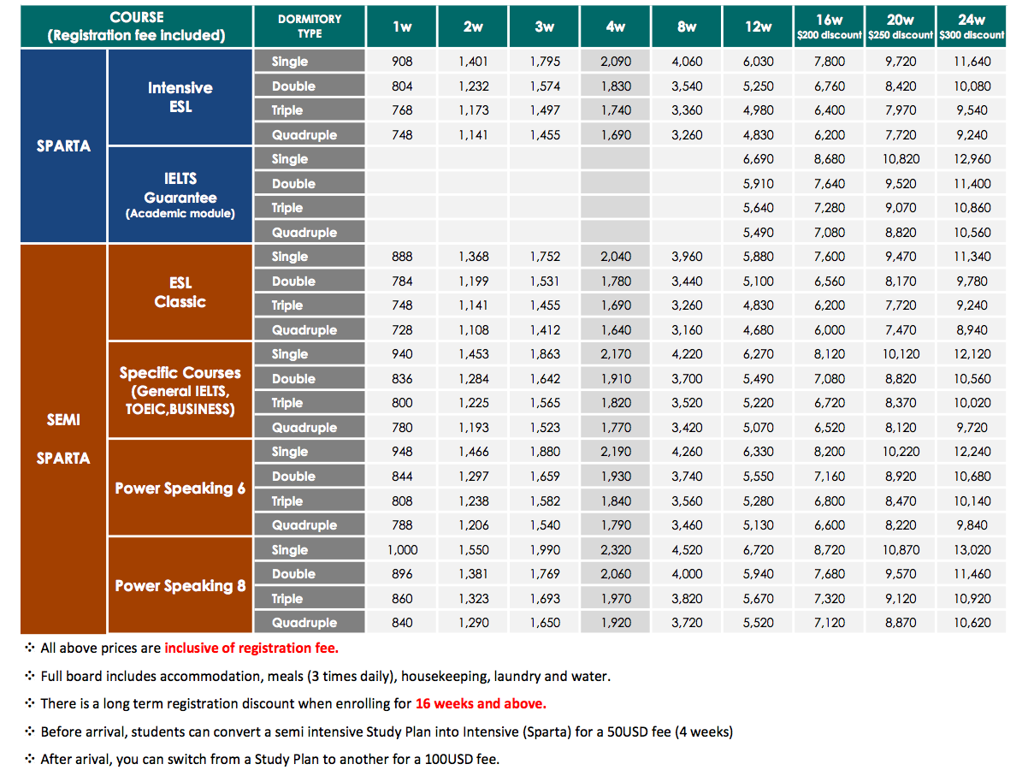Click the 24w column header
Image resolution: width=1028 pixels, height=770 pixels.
(972, 26)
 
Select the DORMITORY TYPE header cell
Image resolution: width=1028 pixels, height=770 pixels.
(310, 26)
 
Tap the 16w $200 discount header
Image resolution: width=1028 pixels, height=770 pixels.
(829, 26)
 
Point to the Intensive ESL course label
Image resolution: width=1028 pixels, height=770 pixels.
(180, 97)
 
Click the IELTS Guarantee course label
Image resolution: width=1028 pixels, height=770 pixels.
(180, 195)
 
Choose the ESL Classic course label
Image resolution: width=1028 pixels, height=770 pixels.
(180, 292)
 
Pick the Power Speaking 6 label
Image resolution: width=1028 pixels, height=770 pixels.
(180, 488)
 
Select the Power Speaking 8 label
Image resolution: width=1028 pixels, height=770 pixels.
(180, 585)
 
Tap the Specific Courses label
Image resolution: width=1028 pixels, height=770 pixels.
(180, 390)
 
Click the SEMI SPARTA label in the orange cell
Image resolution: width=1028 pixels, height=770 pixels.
(63, 439)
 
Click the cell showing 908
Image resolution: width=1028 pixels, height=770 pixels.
(402, 62)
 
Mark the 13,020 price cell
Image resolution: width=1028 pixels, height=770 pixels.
(972, 550)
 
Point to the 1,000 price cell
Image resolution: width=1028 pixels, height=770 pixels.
(402, 550)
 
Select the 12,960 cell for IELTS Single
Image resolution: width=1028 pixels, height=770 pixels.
(972, 159)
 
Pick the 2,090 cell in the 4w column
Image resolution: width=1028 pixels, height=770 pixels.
(616, 62)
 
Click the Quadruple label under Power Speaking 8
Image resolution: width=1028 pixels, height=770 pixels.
(304, 623)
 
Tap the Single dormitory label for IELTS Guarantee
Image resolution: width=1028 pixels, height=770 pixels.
(290, 159)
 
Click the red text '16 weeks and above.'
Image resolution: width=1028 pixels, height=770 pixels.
(481, 703)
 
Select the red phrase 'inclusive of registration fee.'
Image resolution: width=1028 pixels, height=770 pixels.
(251, 649)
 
